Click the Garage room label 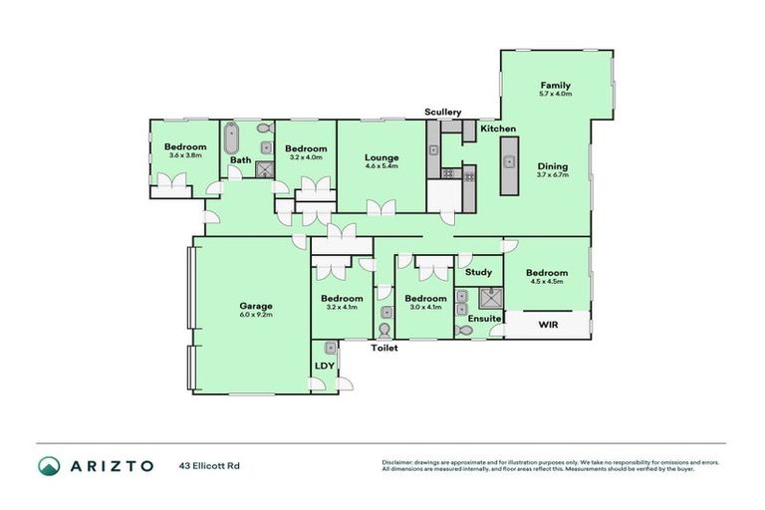(255, 306)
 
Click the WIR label (547, 325)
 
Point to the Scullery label (441, 112)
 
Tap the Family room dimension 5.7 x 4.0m (555, 95)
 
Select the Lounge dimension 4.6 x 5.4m (382, 166)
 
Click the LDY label (324, 365)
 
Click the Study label (479, 272)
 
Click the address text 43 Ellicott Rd (210, 465)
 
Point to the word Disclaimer (398, 462)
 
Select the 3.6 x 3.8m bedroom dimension (185, 155)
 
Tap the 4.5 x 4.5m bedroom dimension (547, 282)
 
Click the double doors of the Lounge (380, 207)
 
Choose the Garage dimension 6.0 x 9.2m (255, 315)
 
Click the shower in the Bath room (265, 169)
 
